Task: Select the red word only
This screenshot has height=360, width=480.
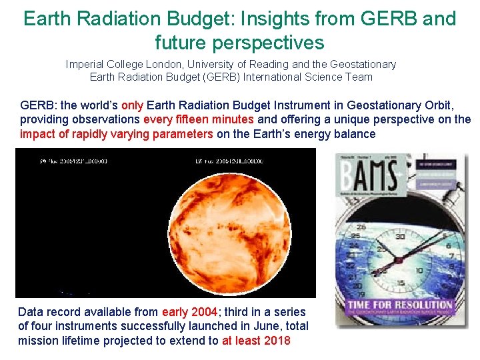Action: point(132,105)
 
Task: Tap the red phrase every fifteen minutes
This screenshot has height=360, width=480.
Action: point(199,119)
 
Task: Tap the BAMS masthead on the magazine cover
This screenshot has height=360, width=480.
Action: point(370,176)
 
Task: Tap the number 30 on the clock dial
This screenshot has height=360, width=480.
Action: point(401,236)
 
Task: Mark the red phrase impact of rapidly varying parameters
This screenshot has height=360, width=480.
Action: point(117,133)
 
